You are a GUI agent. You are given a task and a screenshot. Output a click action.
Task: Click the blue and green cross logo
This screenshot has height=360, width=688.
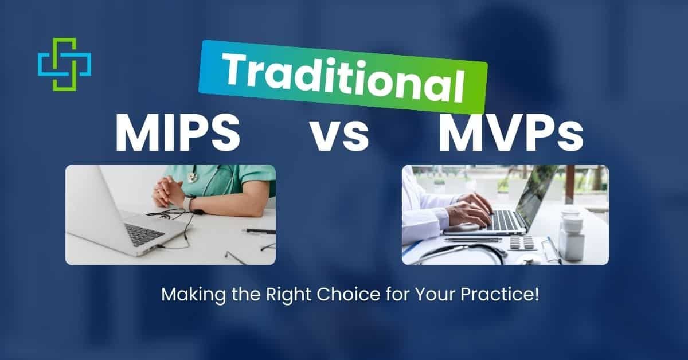(64, 64)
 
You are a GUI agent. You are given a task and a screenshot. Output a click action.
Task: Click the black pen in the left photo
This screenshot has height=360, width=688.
(259, 231)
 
